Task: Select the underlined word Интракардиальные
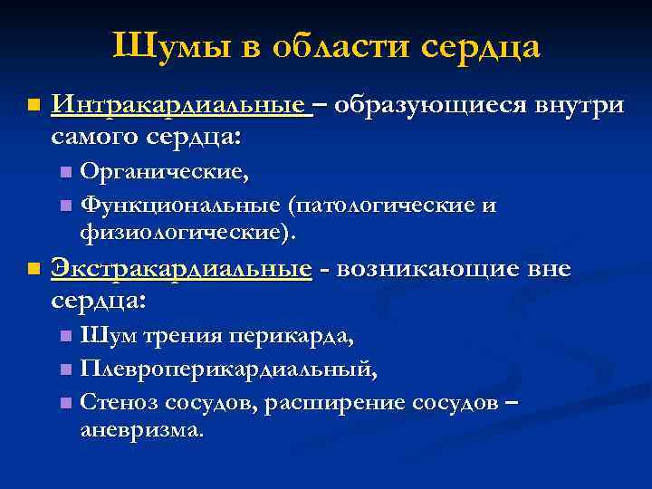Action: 180,106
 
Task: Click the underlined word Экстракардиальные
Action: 182,269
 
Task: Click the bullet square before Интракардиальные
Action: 34,107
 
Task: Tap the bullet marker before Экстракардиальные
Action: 34,270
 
